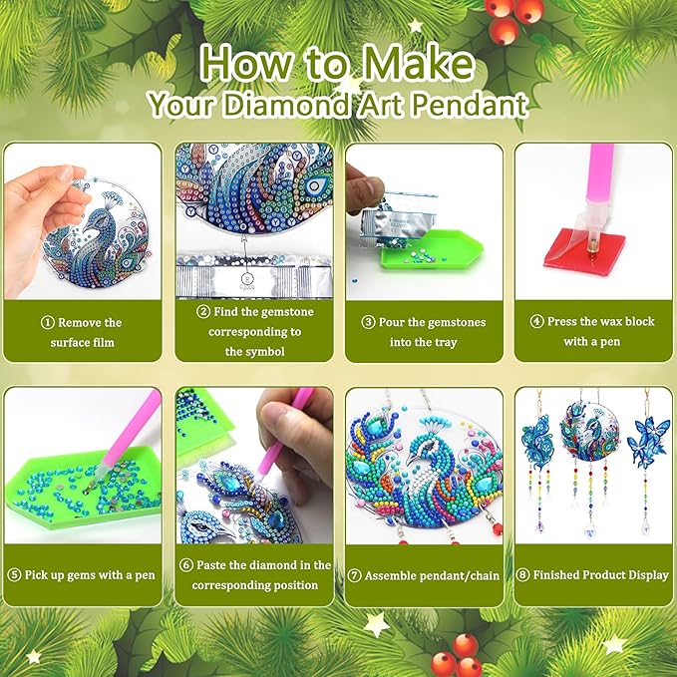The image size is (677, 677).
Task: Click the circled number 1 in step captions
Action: click(47, 322)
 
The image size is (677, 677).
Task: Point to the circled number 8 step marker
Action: click(522, 575)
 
